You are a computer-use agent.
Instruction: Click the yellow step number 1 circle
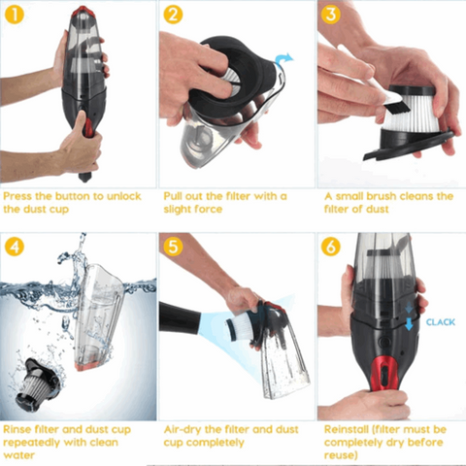click(x=16, y=16)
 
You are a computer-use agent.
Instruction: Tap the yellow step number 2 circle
click(x=174, y=16)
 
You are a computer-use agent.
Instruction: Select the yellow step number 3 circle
click(x=331, y=16)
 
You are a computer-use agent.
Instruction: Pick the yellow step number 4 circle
click(x=16, y=247)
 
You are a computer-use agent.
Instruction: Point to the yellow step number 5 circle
click(x=174, y=247)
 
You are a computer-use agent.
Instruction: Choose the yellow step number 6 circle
click(x=331, y=247)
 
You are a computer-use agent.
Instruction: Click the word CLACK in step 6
click(x=440, y=321)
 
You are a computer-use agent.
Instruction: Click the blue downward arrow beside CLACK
click(x=411, y=323)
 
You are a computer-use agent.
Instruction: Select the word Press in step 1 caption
click(x=19, y=196)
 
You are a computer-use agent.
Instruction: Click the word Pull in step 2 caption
click(x=176, y=196)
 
